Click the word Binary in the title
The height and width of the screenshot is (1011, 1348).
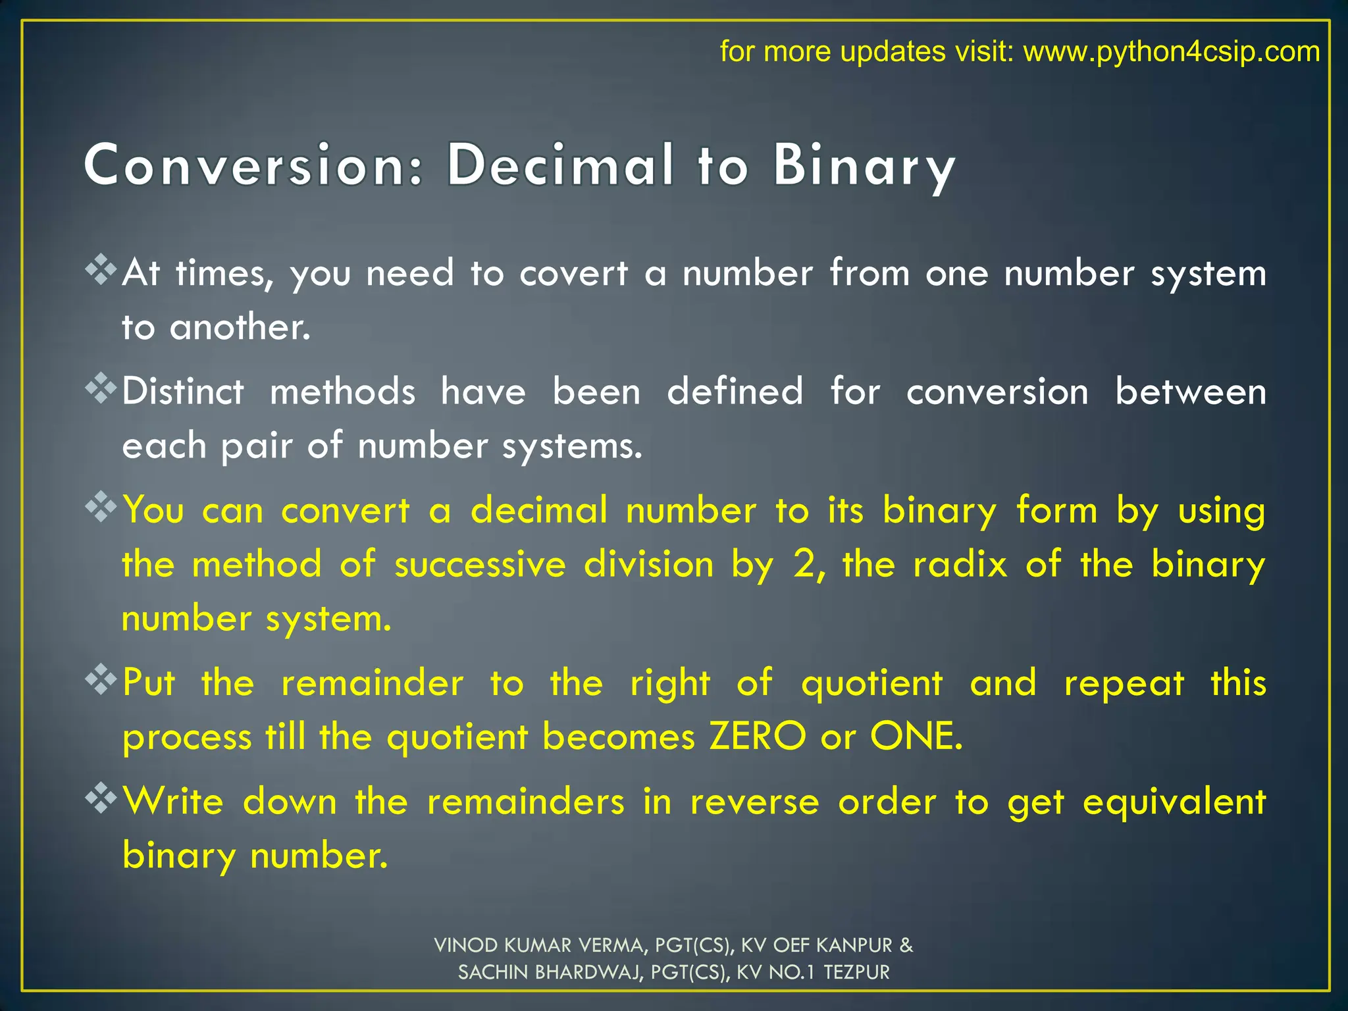(864, 166)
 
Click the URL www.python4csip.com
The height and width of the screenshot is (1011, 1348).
(1172, 51)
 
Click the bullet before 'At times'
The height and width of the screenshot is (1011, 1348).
(101, 269)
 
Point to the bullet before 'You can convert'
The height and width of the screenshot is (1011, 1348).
(101, 507)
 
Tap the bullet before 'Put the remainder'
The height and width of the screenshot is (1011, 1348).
(101, 679)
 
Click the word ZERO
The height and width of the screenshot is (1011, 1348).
(757, 736)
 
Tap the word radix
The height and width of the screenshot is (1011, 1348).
(960, 564)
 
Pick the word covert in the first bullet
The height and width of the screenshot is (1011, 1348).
(573, 273)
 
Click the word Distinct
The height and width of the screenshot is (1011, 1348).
(183, 392)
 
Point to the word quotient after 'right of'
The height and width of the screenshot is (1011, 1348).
(871, 683)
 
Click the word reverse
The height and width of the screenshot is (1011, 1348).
(754, 802)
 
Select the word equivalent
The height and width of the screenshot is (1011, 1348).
(1174, 802)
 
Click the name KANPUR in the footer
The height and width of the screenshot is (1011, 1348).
(854, 945)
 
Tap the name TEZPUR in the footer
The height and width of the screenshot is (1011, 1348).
(856, 972)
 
